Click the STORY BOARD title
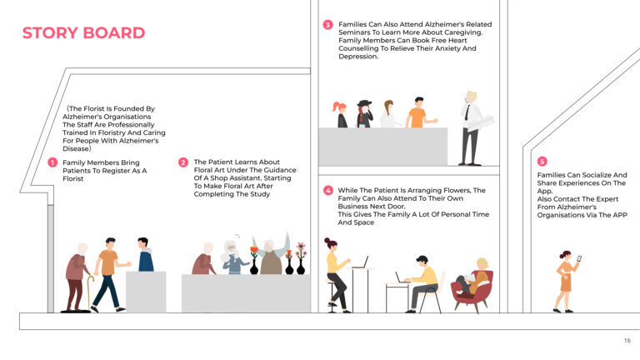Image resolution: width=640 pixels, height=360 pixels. tap(83, 33)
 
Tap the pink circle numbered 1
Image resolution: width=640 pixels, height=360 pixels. tap(52, 162)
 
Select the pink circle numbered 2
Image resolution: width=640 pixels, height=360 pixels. tap(183, 162)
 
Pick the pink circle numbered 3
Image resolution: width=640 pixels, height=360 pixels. tap(328, 25)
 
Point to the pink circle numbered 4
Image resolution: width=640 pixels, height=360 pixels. tap(328, 190)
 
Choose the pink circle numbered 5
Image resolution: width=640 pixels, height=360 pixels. tap(542, 161)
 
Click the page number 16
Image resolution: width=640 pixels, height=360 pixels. tap(627, 341)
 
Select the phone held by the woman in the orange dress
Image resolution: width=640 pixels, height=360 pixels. tap(578, 259)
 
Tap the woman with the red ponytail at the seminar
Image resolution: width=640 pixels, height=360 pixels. tap(340, 115)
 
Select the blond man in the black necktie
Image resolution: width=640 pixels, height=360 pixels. tap(471, 125)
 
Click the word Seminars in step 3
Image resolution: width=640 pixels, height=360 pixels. tap(358, 33)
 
